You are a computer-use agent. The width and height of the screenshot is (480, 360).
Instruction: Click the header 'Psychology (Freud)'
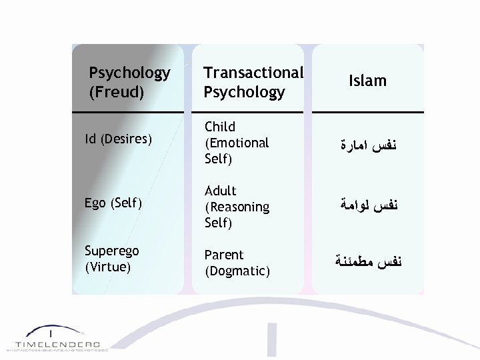[x=129, y=81]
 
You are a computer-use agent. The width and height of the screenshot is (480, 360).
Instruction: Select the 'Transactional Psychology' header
[x=253, y=81]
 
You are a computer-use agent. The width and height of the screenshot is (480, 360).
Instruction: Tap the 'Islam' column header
[x=367, y=81]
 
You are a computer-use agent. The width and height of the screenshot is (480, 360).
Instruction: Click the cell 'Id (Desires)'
[x=119, y=140]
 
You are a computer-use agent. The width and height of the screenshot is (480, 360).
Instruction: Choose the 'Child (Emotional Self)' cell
[x=237, y=142]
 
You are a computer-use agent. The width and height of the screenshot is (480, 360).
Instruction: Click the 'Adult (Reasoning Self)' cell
[x=237, y=207]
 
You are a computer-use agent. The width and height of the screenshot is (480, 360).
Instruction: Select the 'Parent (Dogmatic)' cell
[x=237, y=263]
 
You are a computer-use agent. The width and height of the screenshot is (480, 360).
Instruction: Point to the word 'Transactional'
[x=253, y=72]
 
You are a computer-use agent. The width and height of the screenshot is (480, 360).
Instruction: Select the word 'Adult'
[x=221, y=191]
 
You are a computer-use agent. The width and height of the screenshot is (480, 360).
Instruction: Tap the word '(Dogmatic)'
[x=237, y=271]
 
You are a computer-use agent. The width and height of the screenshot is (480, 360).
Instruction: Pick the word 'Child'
[x=220, y=127]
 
